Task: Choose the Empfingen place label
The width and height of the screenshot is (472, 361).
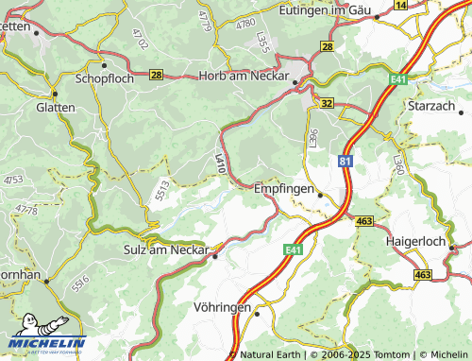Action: click(x=283, y=189)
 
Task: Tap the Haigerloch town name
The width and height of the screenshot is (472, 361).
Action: click(x=418, y=241)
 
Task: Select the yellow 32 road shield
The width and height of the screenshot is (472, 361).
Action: click(x=327, y=102)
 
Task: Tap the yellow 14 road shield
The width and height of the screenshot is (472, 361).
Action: click(x=400, y=5)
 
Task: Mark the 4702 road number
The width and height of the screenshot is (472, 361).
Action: click(x=141, y=39)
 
